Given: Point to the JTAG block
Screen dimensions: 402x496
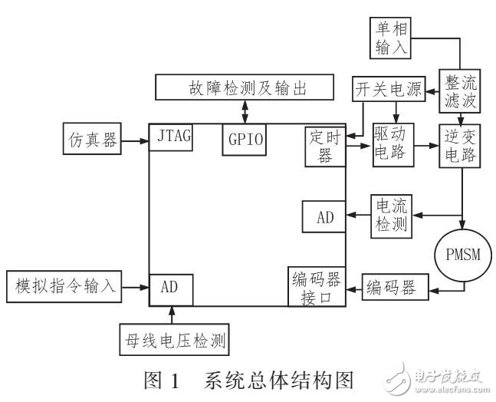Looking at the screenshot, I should pyautogui.click(x=171, y=139).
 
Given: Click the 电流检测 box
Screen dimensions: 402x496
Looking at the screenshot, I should pyautogui.click(x=393, y=216).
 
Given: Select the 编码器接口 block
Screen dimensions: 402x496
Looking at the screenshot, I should pyautogui.click(x=315, y=287).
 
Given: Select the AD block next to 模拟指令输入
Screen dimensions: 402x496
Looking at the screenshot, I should pyautogui.click(x=171, y=288).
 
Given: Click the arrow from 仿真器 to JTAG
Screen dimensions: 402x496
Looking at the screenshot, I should pyautogui.click(x=133, y=141).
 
